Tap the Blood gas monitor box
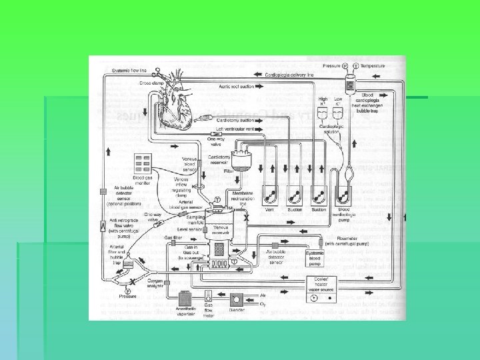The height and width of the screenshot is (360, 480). (x=143, y=164)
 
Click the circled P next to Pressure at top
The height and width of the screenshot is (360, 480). (x=345, y=67)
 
